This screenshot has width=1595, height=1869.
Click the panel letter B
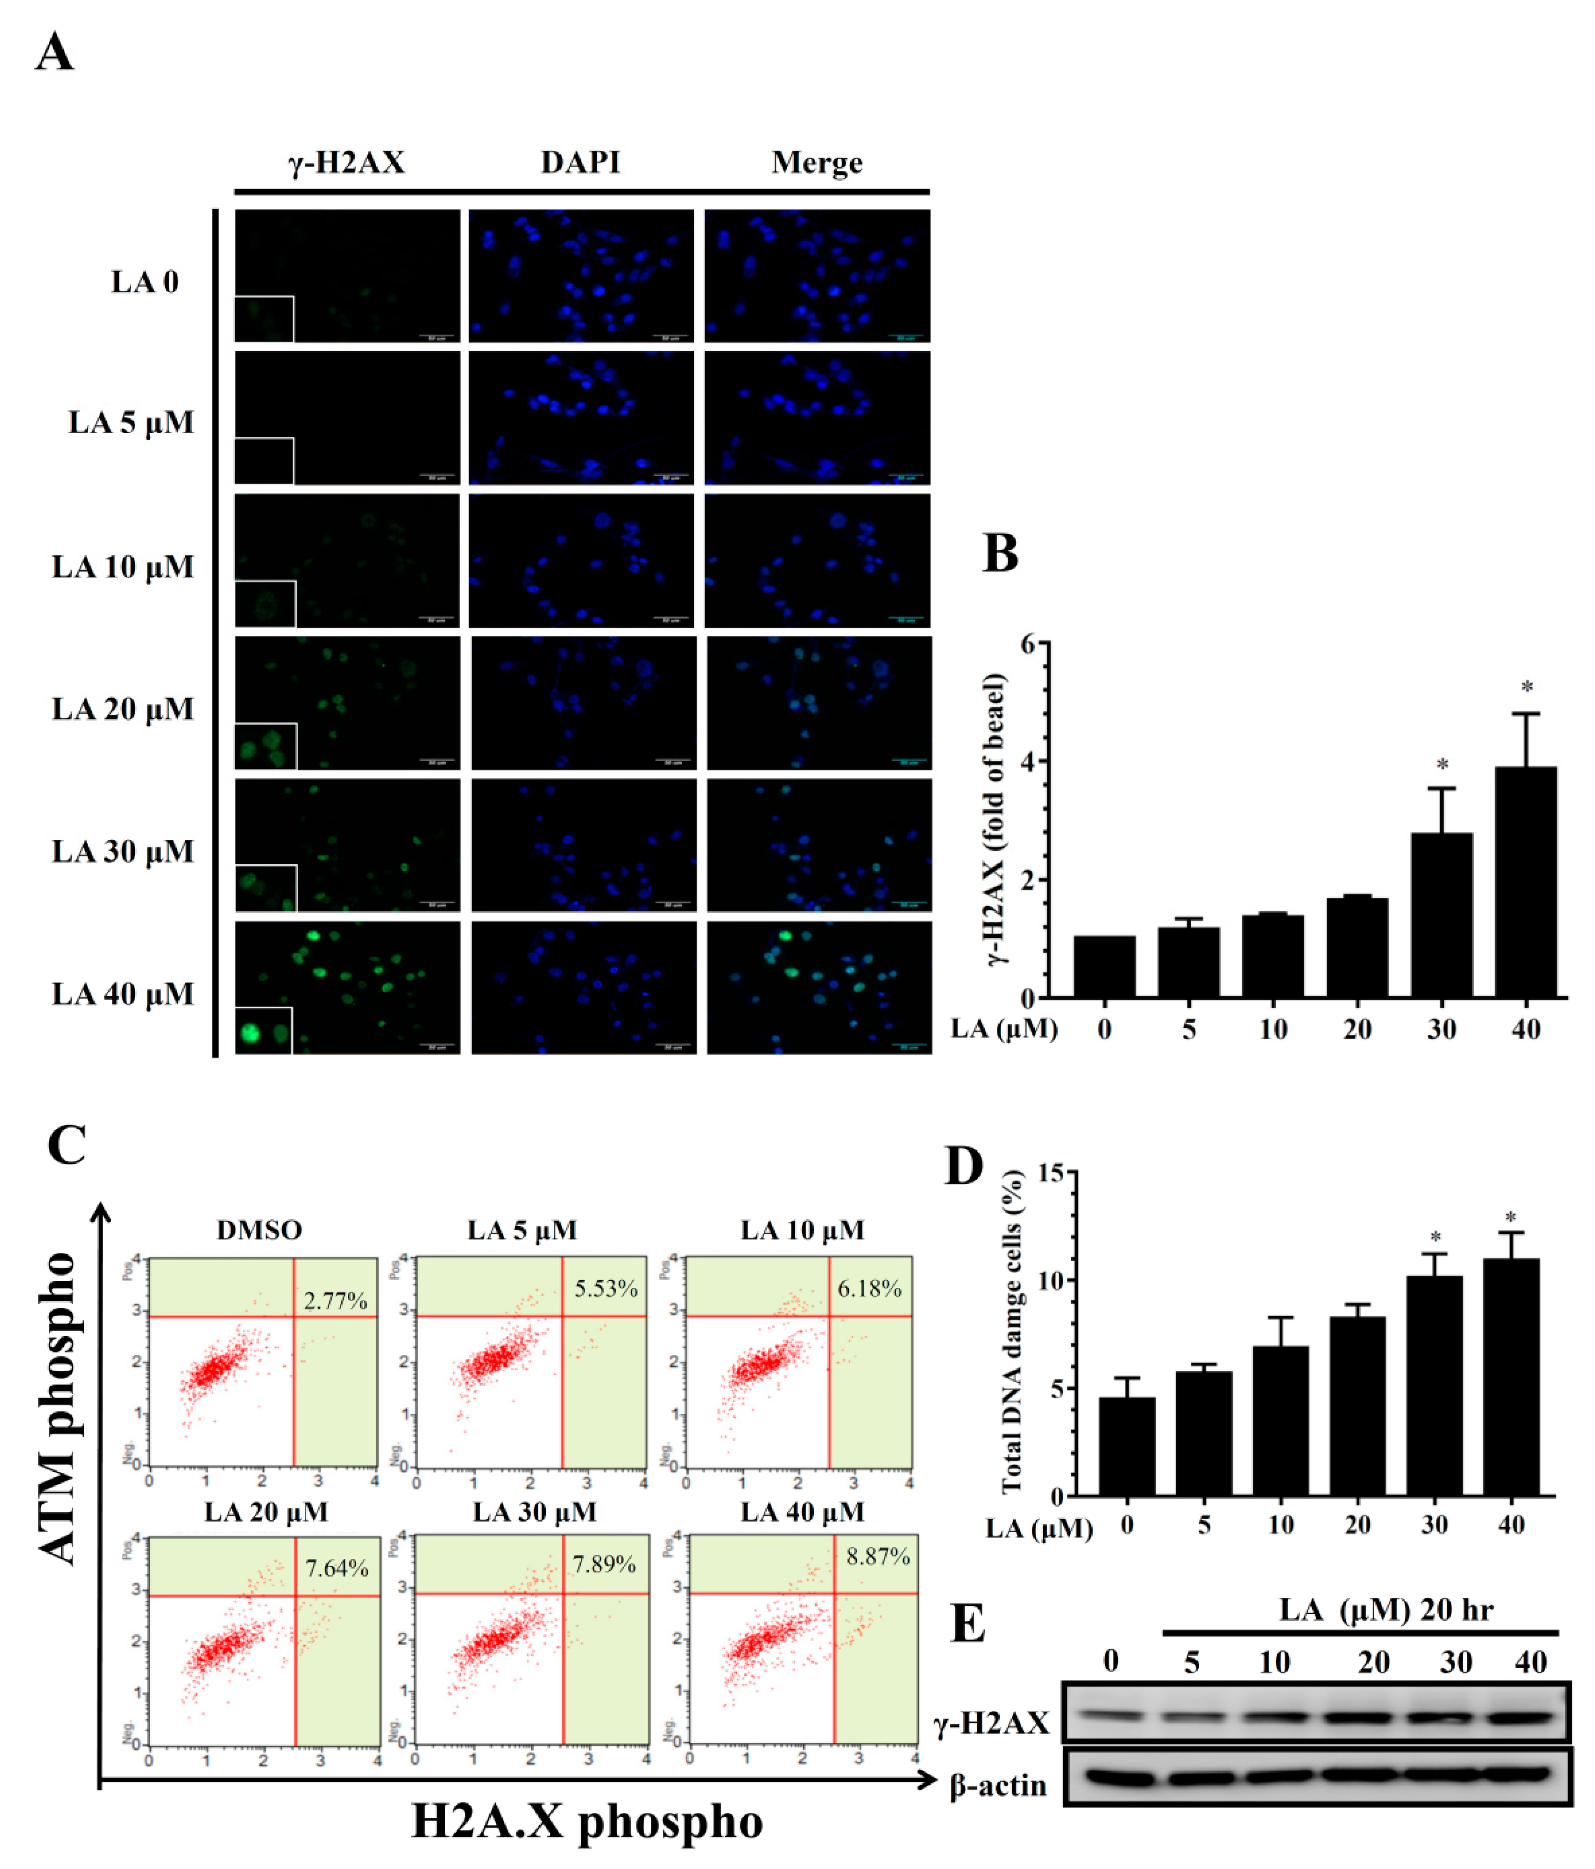1000,554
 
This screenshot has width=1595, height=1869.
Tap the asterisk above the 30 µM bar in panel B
1443,765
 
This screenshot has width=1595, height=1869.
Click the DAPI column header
580,162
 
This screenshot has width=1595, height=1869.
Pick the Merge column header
817,162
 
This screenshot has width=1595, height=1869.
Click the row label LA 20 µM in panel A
123,709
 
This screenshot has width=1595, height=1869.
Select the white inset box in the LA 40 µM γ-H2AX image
264,1030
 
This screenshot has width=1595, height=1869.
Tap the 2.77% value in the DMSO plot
335,1301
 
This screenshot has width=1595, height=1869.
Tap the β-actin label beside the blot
998,1786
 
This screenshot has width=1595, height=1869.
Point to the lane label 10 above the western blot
1274,1662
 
